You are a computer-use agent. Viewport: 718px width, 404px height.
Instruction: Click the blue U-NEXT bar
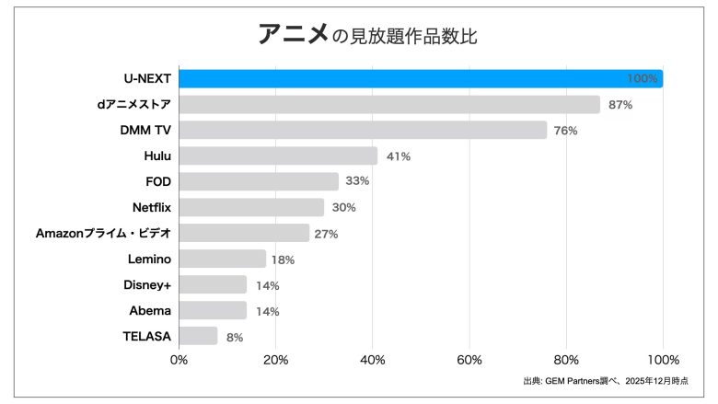click(x=421, y=79)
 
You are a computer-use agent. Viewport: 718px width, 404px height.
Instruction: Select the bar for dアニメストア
click(x=389, y=105)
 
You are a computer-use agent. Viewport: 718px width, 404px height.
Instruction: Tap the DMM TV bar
click(x=363, y=131)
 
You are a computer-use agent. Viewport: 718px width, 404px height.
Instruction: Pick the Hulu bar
click(x=278, y=156)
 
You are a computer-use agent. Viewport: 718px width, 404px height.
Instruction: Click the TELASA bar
click(x=198, y=337)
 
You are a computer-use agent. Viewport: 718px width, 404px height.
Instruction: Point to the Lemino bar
click(x=222, y=260)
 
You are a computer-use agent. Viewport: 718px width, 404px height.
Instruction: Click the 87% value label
click(x=620, y=105)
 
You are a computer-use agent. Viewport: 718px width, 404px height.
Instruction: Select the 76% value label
click(x=566, y=131)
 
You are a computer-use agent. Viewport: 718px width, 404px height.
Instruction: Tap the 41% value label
click(x=398, y=156)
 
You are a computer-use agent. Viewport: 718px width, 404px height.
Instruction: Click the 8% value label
click(x=235, y=338)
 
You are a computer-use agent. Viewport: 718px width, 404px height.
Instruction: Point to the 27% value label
click(x=326, y=234)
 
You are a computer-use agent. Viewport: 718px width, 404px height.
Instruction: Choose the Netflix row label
click(x=152, y=207)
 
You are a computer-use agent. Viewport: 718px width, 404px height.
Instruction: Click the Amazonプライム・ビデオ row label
click(x=103, y=233)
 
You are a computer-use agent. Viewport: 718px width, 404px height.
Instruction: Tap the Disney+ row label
click(x=147, y=284)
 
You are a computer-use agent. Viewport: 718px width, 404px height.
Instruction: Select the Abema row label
click(x=150, y=310)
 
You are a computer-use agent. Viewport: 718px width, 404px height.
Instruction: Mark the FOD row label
click(x=158, y=181)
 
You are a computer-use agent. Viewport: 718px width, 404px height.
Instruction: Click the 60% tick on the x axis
click(x=469, y=359)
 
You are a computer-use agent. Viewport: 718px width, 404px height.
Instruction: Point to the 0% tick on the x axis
click(x=179, y=359)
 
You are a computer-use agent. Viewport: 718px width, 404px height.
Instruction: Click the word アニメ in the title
click(x=293, y=35)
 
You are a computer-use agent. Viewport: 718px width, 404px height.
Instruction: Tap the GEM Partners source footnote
click(x=605, y=381)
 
